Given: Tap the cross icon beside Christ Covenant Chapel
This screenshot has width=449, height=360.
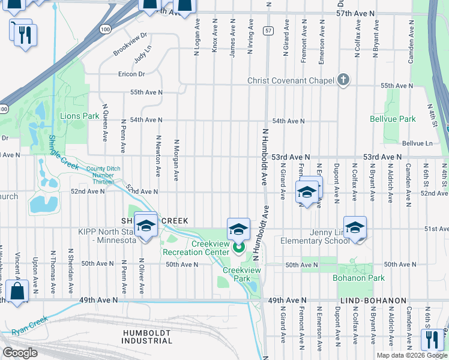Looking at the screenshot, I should click(x=343, y=80).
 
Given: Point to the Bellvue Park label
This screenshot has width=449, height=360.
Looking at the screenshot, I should click(x=393, y=119).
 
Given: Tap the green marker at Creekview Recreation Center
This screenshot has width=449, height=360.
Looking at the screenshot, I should click(x=238, y=247).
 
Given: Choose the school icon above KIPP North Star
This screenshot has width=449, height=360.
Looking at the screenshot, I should click(x=145, y=226).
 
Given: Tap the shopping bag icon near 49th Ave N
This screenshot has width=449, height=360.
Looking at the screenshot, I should click(x=19, y=293).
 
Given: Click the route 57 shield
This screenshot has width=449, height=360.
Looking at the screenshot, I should click(x=268, y=30).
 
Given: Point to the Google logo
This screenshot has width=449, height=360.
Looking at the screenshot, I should click(x=20, y=353).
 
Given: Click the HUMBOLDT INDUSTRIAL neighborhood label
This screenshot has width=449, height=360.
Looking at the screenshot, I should click(x=148, y=337).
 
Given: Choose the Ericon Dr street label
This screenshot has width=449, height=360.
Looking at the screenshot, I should click(x=132, y=74).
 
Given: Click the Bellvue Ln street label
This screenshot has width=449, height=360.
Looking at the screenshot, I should click(x=417, y=143).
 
